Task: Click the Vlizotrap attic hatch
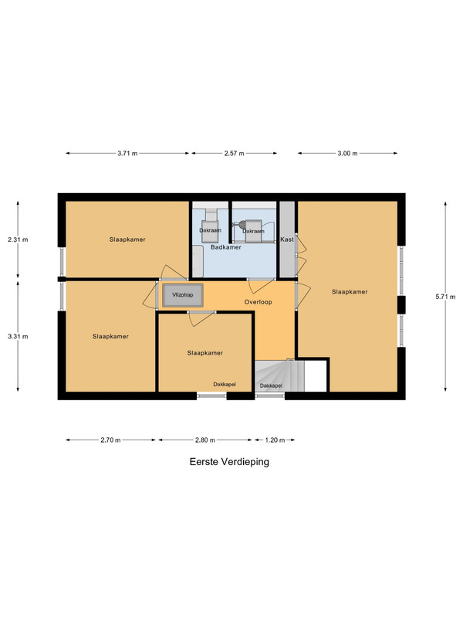(183, 295)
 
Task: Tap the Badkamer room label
(225, 247)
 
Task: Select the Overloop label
(259, 302)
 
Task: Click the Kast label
(287, 239)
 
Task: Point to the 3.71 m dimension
(127, 153)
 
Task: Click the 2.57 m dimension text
(235, 153)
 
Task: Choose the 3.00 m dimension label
(347, 153)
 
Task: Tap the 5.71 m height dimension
(445, 297)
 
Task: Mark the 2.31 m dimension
(18, 239)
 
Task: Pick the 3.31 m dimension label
(18, 336)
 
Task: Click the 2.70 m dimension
(110, 440)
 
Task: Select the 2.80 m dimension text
(205, 440)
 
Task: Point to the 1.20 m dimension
(275, 440)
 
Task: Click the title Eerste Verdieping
(229, 461)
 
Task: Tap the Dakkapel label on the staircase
(271, 385)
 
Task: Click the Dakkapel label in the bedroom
(225, 384)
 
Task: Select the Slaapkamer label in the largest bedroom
(350, 292)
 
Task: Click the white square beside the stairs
(316, 376)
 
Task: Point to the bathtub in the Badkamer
(198, 261)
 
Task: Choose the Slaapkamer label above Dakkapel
(205, 353)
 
